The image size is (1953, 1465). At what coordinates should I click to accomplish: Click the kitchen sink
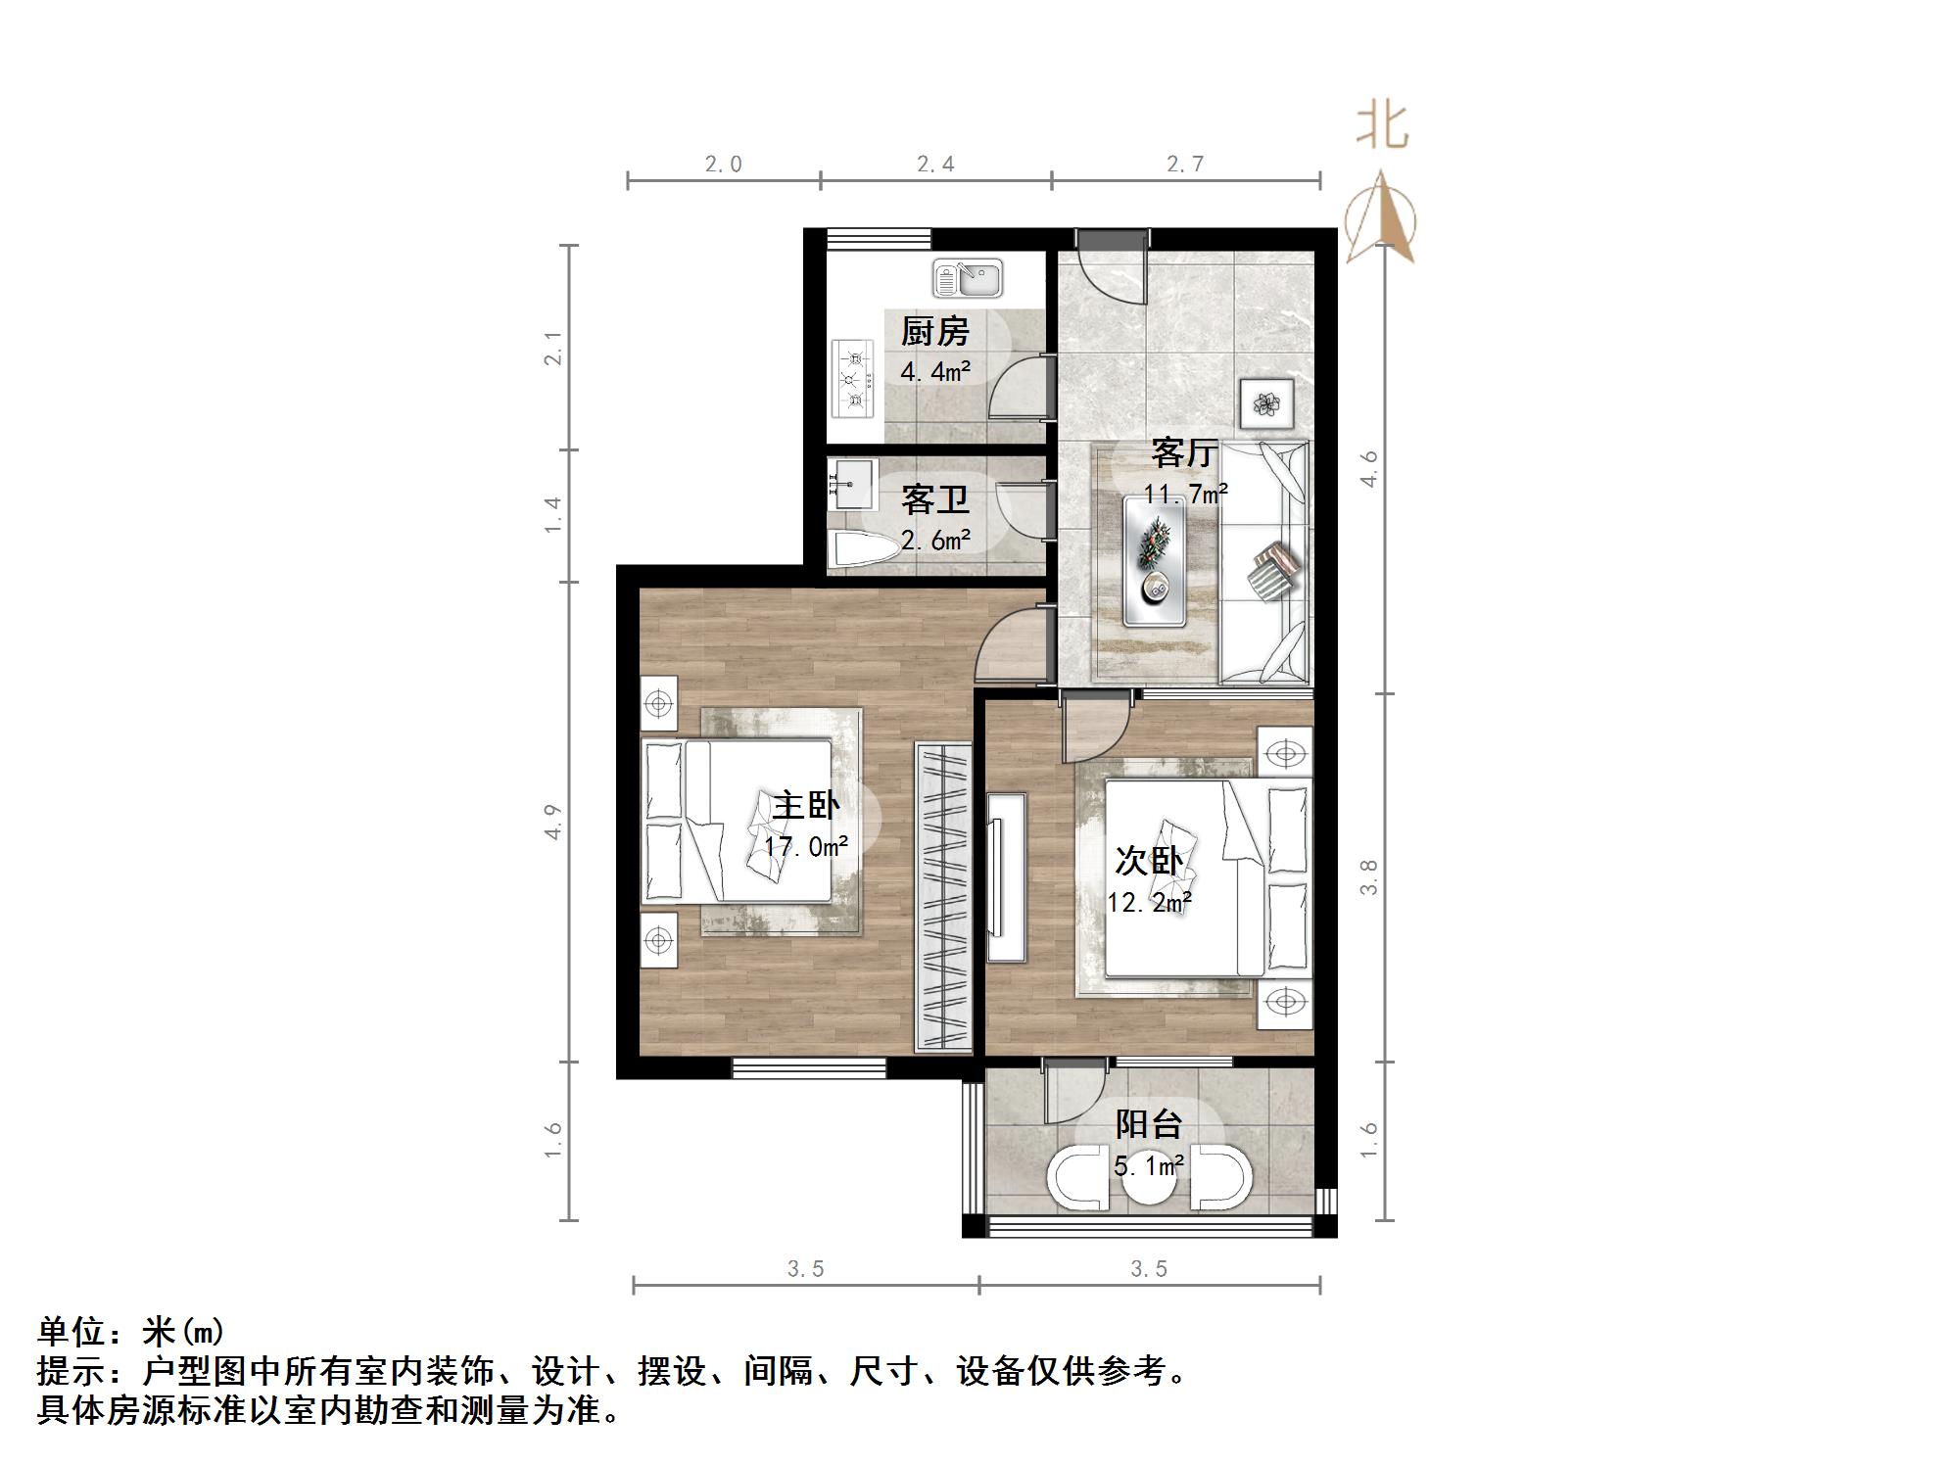click(967, 278)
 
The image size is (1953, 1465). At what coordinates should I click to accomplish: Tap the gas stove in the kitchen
click(851, 378)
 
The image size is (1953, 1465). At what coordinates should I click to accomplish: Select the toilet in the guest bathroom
click(862, 550)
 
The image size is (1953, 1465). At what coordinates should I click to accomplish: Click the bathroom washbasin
click(850, 483)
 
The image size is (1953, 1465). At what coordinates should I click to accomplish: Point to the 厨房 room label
click(934, 332)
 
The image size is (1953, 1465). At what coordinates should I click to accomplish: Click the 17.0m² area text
click(806, 846)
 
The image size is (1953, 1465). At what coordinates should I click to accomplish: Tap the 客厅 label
click(1183, 452)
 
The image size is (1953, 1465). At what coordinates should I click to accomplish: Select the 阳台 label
click(1148, 1123)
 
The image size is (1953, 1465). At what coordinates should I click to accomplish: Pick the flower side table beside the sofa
click(1267, 403)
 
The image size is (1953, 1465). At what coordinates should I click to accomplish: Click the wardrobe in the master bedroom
click(943, 897)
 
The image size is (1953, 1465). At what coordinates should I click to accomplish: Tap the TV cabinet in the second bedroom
click(1006, 877)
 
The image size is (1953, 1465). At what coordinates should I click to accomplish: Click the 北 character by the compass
click(1381, 125)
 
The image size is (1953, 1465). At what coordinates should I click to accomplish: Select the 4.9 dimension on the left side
click(553, 821)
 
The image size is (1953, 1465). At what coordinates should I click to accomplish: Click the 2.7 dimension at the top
click(1184, 164)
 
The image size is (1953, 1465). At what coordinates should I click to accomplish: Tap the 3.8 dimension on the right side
click(1368, 876)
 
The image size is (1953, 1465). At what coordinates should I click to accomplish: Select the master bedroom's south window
click(809, 1069)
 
